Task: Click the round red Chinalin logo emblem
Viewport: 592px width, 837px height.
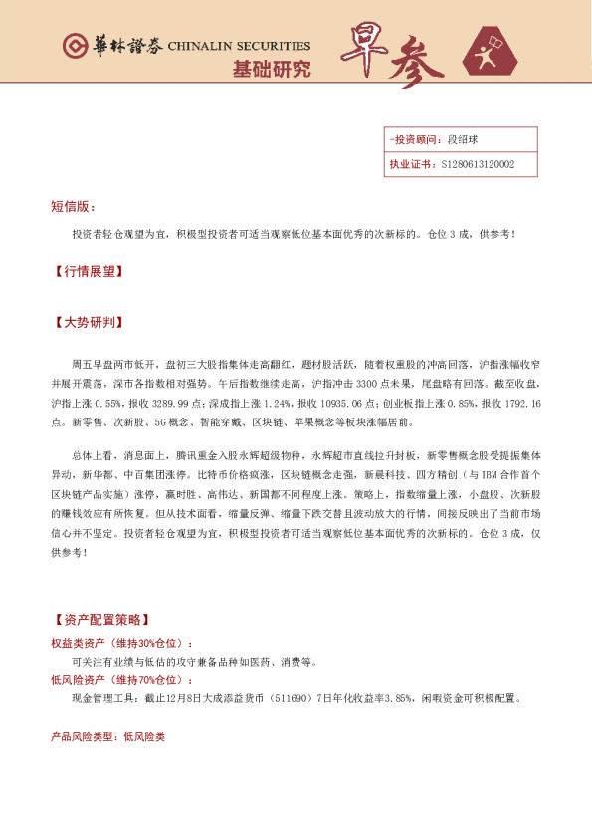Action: pyautogui.click(x=76, y=47)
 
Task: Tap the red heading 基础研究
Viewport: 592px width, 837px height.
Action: pyautogui.click(x=271, y=69)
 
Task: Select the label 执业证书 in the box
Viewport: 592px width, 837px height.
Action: pyautogui.click(x=410, y=164)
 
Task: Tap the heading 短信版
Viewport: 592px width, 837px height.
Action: pyautogui.click(x=73, y=206)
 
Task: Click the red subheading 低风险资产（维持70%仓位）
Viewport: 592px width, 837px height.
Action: pyautogui.click(x=122, y=679)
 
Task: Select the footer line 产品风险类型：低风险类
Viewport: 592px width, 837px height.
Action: pyautogui.click(x=107, y=737)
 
